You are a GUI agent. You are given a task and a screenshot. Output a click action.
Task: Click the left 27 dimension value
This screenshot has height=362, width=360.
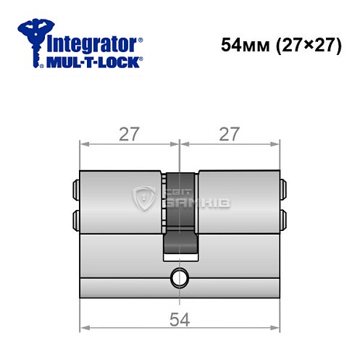pos(128,133)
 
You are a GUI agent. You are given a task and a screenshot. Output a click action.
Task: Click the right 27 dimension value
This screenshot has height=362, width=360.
pos(229,133)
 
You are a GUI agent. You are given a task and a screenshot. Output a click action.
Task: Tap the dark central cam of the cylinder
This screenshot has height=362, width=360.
pos(179,217)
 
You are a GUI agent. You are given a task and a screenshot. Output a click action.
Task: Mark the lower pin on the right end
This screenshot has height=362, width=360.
pos(283,219)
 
